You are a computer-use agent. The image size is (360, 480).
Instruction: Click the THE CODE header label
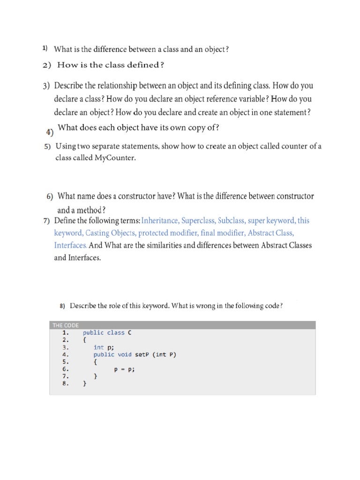point(66,325)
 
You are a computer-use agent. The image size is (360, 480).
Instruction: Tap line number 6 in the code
point(65,369)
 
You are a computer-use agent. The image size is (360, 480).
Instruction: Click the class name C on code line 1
point(130,332)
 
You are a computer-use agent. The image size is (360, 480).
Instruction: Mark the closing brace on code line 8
point(84,383)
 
